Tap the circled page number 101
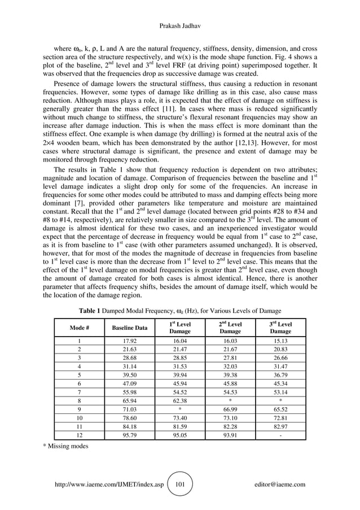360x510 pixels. [x=181, y=484]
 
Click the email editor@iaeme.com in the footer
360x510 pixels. [x=280, y=484]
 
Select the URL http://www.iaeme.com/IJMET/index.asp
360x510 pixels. [x=107, y=484]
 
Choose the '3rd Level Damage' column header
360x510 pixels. [x=280, y=328]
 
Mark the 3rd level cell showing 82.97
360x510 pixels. [x=280, y=426]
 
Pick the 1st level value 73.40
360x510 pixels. [x=179, y=418]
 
